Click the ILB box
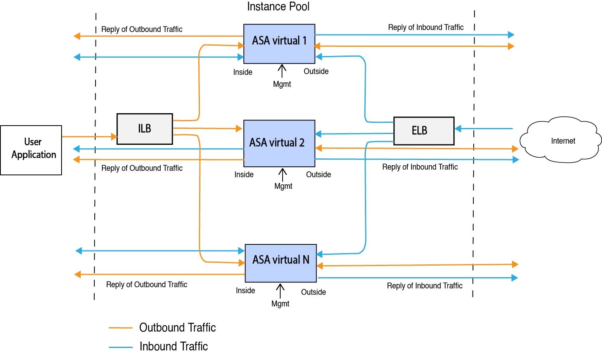[144, 129]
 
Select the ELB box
[424, 131]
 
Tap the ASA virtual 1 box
[279, 44]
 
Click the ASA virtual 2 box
[279, 143]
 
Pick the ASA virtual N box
[281, 263]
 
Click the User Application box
[31, 150]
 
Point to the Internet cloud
[562, 140]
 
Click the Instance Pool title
[278, 6]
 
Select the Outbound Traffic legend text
[177, 328]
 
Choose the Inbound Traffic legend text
[173, 346]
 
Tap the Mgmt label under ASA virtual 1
[282, 84]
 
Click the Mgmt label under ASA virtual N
[280, 304]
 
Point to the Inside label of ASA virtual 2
[244, 174]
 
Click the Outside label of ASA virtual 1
[316, 71]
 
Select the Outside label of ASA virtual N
[313, 292]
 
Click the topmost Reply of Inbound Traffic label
[426, 27]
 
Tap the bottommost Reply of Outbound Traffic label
[146, 284]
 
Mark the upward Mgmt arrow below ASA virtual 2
[283, 175]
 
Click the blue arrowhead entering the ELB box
[458, 128]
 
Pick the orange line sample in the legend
[120, 328]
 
